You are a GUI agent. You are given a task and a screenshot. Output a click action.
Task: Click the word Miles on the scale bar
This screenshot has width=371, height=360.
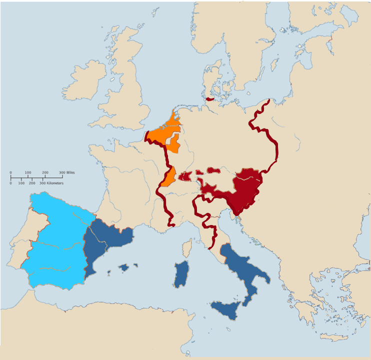[70, 172]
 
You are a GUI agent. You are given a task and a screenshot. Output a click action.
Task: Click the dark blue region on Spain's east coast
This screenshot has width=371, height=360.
[102, 242]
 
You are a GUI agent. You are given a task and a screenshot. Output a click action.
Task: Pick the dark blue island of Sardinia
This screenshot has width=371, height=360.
[181, 275]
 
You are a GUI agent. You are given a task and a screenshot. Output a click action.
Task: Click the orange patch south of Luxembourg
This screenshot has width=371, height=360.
[169, 177]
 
